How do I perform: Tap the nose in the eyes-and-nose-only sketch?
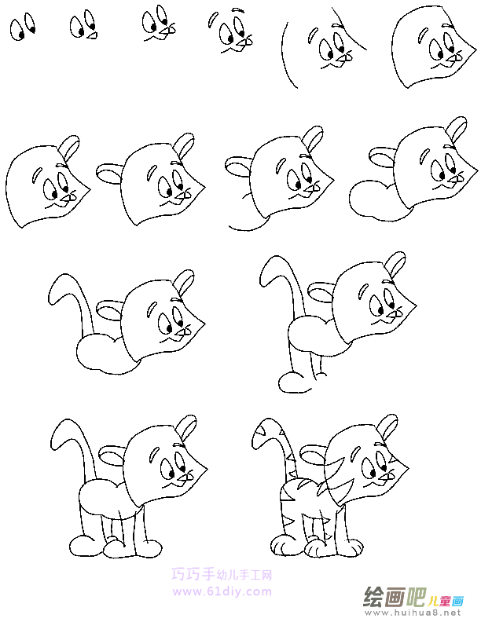tap(92, 34)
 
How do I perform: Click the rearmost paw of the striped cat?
tap(278, 545)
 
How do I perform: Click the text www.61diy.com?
tap(222, 591)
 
